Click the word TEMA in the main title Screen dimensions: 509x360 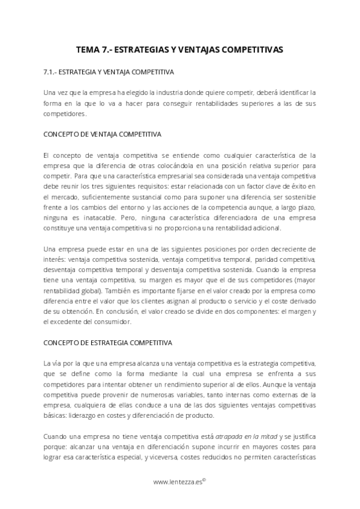click(x=89, y=50)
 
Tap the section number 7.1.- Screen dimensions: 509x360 click(x=52, y=72)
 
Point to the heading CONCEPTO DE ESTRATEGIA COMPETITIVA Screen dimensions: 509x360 click(x=109, y=343)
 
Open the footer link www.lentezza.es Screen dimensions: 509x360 click(x=178, y=481)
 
